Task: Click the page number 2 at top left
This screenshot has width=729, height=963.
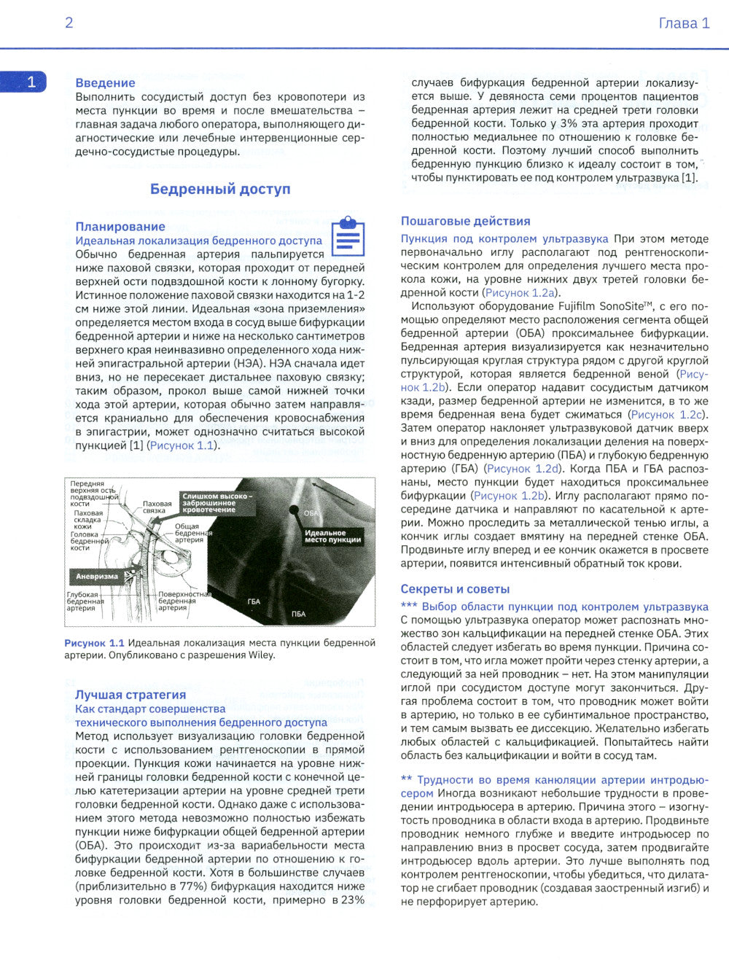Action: click(x=69, y=23)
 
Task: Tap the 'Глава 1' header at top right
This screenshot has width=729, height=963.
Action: click(x=683, y=23)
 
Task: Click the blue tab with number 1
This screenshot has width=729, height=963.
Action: click(x=24, y=82)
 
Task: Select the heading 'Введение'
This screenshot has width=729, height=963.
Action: click(x=105, y=83)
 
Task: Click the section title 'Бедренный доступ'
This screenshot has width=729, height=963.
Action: click(x=220, y=189)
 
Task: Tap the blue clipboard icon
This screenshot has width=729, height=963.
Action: click(x=348, y=236)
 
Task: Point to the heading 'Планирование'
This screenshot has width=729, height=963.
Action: click(x=120, y=227)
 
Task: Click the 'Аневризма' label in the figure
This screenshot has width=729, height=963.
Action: click(x=97, y=576)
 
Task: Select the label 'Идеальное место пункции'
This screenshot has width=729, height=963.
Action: click(x=332, y=536)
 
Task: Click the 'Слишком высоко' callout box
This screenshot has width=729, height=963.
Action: click(x=217, y=502)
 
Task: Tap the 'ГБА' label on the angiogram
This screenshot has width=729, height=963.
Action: click(x=254, y=601)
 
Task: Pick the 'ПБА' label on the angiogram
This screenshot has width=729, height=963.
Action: click(x=299, y=614)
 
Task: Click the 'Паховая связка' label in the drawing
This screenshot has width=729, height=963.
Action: click(x=157, y=507)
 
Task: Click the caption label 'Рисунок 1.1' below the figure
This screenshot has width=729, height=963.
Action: click(x=94, y=643)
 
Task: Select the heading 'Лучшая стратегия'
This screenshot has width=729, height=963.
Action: click(x=130, y=695)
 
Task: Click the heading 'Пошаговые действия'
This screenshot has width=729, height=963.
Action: click(x=465, y=221)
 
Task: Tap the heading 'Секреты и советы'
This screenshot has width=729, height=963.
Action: click(x=455, y=589)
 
